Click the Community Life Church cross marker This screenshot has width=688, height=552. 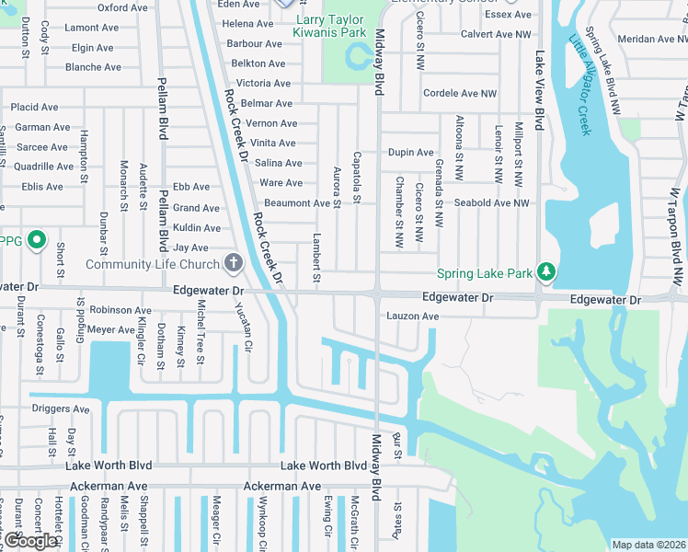(x=234, y=264)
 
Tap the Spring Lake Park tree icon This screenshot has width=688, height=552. (x=547, y=271)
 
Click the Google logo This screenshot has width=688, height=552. (x=30, y=541)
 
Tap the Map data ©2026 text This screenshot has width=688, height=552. (x=648, y=545)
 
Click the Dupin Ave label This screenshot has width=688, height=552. (x=410, y=152)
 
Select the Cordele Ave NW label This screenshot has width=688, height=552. (x=460, y=94)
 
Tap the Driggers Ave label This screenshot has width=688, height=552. (x=61, y=408)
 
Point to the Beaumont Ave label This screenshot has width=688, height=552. (x=296, y=203)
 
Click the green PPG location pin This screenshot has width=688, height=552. (x=36, y=241)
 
